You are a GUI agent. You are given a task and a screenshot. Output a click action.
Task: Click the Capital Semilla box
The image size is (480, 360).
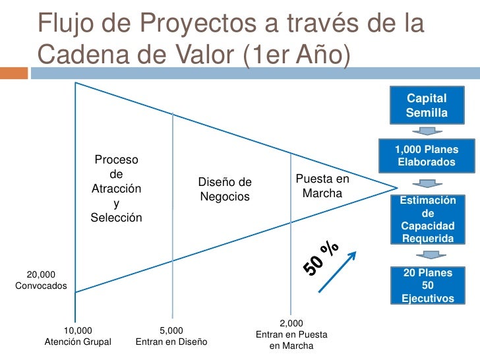(x=426, y=105)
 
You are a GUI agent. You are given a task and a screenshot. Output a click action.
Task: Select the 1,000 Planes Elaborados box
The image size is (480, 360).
(x=426, y=156)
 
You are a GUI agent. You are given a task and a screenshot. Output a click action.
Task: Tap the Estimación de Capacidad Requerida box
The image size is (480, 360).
(x=427, y=219)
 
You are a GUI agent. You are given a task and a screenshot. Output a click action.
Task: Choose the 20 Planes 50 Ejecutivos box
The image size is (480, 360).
(x=427, y=285)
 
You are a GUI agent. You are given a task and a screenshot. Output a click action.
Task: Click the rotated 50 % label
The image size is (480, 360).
(x=321, y=258)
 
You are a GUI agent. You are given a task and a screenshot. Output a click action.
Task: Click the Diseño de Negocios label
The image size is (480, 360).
(x=225, y=189)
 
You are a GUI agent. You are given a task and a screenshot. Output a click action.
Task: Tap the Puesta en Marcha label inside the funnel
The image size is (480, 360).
(x=322, y=186)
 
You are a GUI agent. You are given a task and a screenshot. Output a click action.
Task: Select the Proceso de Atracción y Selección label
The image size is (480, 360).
(x=116, y=189)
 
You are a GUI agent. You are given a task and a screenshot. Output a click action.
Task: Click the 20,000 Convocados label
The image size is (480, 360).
(x=40, y=280)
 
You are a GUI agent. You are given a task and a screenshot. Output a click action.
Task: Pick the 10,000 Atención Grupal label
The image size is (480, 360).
(x=78, y=336)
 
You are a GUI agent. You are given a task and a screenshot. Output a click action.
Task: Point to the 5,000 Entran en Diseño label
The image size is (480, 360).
(x=171, y=336)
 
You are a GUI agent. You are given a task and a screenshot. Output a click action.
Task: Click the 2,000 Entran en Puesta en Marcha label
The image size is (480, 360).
(x=291, y=334)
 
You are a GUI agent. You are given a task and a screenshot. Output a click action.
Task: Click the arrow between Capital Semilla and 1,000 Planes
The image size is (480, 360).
(x=426, y=131)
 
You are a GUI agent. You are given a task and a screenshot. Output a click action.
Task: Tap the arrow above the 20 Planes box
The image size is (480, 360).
(x=427, y=255)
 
